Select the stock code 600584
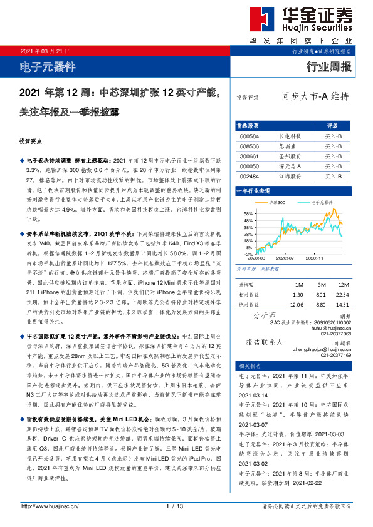249,135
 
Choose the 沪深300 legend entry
276,203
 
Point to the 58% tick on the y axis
248,214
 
